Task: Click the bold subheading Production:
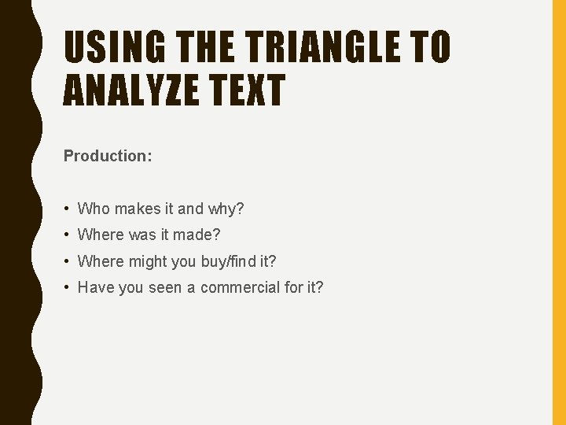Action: (108, 156)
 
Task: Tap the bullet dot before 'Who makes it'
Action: (68, 209)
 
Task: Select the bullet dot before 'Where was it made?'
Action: (68, 235)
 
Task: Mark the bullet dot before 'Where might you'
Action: (68, 261)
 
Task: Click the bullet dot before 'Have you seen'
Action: (68, 287)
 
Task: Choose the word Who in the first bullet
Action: (94, 209)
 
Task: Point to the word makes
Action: (138, 209)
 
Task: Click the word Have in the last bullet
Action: (96, 286)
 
